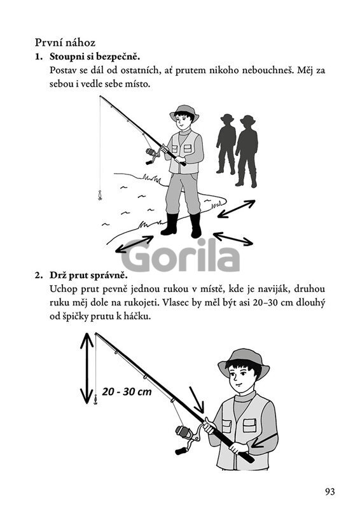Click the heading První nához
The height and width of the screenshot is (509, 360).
coord(65,43)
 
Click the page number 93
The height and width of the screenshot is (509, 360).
coord(329,491)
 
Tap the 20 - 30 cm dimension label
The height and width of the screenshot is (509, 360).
coord(127,391)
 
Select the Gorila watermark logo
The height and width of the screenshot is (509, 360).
coord(181,256)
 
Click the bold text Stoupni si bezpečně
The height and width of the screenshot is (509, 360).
coord(95,57)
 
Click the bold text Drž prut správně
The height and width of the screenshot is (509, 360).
coord(88,275)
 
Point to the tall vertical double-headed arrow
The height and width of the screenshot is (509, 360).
coord(87,368)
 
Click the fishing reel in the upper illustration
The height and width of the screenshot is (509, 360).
coord(153,155)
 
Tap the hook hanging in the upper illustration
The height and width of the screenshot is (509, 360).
coord(100,195)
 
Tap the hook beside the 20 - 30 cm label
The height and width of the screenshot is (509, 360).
coord(95,400)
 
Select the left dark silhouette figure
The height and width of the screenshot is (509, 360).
coord(226,144)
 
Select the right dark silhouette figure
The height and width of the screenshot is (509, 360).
coord(247,151)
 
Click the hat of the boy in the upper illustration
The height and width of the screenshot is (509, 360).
coord(184,111)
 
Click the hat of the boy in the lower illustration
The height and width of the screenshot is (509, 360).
coord(244,361)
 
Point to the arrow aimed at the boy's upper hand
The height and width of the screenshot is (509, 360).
coord(197,400)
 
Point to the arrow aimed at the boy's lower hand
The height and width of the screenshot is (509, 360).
coord(265,440)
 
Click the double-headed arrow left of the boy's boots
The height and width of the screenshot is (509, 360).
coord(134,244)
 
